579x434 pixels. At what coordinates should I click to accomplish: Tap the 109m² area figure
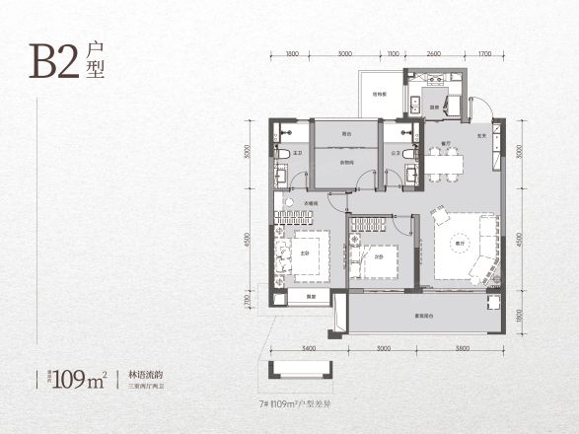click(x=80, y=376)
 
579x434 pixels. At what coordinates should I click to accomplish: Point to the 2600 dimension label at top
click(x=434, y=54)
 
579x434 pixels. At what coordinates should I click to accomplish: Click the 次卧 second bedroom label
click(x=378, y=258)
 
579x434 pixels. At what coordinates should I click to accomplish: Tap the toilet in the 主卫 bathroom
click(x=282, y=155)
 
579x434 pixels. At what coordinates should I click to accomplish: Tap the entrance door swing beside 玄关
click(x=480, y=107)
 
